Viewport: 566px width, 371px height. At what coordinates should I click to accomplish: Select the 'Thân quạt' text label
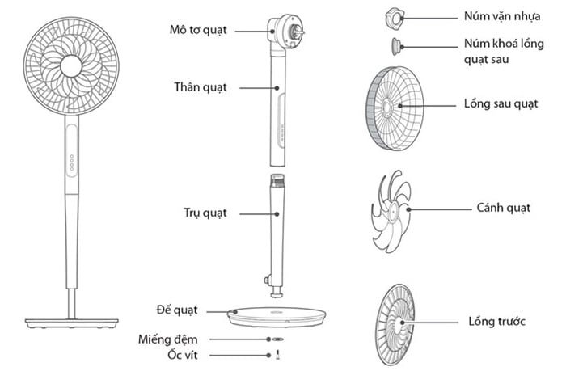click(199, 86)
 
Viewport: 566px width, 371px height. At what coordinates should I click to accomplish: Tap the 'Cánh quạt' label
click(503, 208)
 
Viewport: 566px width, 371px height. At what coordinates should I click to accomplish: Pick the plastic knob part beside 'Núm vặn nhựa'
click(394, 15)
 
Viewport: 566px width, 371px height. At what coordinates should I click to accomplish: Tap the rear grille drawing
click(394, 107)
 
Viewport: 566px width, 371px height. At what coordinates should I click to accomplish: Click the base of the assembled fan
click(71, 322)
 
